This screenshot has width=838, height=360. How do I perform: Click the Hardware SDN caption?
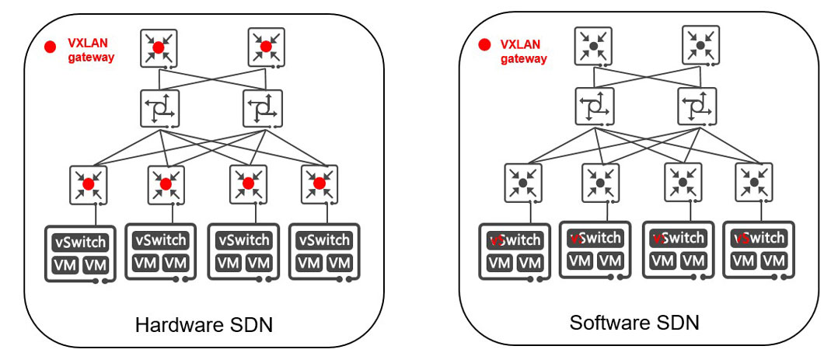[x=204, y=324]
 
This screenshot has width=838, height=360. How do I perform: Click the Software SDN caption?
[x=634, y=322]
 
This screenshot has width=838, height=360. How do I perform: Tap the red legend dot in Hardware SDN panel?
[x=51, y=47]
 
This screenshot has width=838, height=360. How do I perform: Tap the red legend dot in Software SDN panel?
[x=485, y=45]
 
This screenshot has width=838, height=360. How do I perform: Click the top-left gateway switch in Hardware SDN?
[x=159, y=47]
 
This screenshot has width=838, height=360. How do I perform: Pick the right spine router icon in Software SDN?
[x=697, y=105]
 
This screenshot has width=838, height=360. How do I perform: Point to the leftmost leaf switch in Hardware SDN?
[x=88, y=184]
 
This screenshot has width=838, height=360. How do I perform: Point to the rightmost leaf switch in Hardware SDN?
[x=319, y=183]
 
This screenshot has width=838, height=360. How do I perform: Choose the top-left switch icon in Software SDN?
[x=593, y=46]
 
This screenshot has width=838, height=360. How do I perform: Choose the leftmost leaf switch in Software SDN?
[x=522, y=183]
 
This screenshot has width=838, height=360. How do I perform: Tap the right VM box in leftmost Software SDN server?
[x=529, y=263]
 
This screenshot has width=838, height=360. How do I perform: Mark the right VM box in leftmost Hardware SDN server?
[x=96, y=266]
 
